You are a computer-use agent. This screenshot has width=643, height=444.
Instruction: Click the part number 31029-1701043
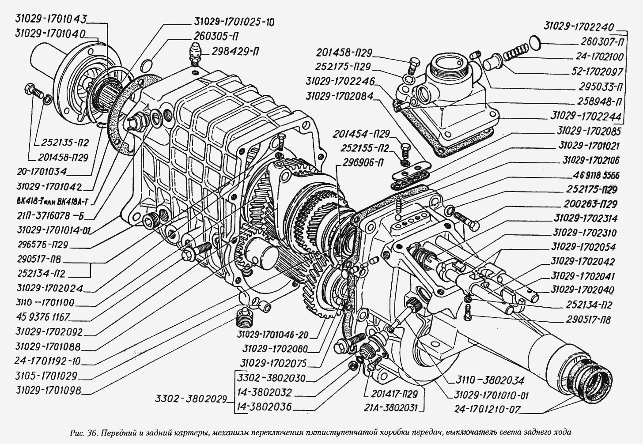tap(51, 19)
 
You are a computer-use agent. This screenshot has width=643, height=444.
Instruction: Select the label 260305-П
tap(216, 36)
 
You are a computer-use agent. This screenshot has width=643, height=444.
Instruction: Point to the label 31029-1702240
tap(579, 27)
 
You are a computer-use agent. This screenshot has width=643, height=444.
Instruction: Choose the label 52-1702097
tap(592, 71)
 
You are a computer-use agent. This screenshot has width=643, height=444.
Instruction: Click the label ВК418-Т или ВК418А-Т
tap(52, 202)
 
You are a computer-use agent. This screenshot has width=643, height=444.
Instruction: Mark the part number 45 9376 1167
tap(42, 317)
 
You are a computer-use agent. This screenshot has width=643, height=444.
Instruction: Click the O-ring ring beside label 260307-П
tap(535, 42)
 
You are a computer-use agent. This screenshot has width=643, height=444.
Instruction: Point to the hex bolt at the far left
tap(32, 90)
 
